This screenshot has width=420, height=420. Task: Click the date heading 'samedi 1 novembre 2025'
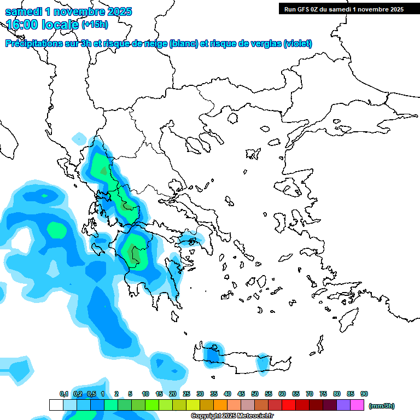[68, 11]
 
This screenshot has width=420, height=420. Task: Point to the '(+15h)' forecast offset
[95, 25]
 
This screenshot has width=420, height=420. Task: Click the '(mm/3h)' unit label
[381, 406]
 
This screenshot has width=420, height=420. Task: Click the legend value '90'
[364, 394]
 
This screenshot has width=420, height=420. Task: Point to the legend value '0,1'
[64, 394]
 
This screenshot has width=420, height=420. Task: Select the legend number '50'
[255, 394]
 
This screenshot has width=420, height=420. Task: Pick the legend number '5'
[130, 394]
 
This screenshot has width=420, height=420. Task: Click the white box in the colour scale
[56, 405]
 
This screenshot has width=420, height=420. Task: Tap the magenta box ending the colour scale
[357, 405]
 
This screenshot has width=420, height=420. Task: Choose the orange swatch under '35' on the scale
[220, 405]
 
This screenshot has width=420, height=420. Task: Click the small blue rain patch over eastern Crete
[264, 362]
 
